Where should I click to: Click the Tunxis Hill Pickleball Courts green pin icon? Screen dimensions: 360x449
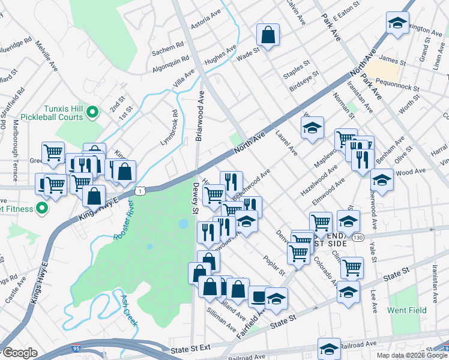point(92,112)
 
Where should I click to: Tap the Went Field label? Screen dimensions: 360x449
point(407,310)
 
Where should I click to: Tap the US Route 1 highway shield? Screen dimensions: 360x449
point(139,190)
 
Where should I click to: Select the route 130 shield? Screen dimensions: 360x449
point(358,238)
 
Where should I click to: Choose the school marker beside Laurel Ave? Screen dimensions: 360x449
point(312,128)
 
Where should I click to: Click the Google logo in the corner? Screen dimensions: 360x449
point(20,353)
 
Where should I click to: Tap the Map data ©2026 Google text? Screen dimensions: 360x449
point(412,355)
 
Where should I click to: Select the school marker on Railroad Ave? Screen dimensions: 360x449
point(329,349)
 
